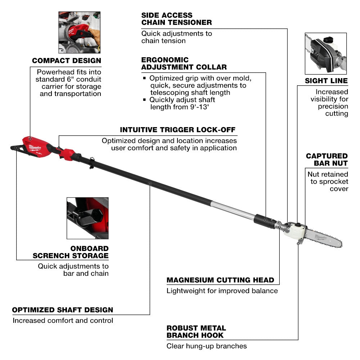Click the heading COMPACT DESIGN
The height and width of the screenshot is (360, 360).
(x=66, y=61)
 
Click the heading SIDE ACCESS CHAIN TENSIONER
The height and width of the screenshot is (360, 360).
(x=176, y=19)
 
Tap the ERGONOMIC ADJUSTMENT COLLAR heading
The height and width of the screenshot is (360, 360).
(x=184, y=63)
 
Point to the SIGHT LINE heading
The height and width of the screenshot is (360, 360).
(x=326, y=81)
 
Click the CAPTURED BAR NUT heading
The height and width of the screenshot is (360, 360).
(x=327, y=159)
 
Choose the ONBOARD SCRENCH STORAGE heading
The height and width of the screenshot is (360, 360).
(x=71, y=252)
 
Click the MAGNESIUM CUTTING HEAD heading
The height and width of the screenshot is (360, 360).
(x=220, y=280)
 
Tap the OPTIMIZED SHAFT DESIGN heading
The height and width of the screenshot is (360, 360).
(x=63, y=310)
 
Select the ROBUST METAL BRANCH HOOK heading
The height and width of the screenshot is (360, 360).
(x=196, y=332)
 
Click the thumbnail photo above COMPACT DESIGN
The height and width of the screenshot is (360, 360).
(x=79, y=32)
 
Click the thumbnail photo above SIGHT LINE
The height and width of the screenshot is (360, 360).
(x=325, y=53)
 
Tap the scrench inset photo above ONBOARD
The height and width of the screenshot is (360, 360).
(x=87, y=218)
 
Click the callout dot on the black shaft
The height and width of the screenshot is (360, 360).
(x=150, y=184)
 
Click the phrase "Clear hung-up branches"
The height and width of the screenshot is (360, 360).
(x=207, y=346)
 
